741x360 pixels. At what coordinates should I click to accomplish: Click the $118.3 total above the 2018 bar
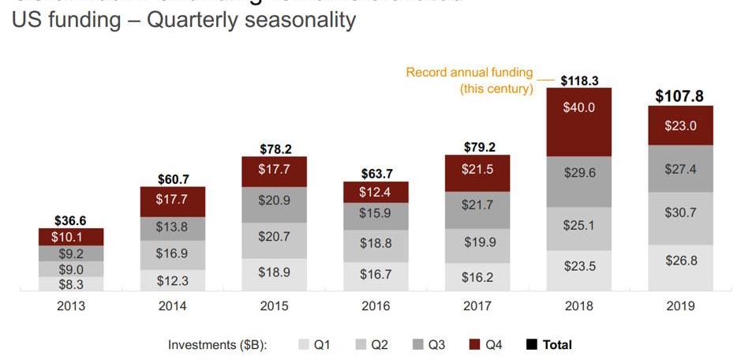(x=578, y=81)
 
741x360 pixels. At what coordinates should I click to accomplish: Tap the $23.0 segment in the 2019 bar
(x=680, y=126)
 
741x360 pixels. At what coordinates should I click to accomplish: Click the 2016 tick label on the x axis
(x=376, y=306)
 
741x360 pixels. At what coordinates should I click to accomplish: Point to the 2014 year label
(x=172, y=306)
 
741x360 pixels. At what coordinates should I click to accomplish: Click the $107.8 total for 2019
(x=680, y=96)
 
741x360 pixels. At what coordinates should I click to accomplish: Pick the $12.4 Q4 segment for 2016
(x=376, y=193)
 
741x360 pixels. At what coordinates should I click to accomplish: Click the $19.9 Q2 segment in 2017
(x=477, y=242)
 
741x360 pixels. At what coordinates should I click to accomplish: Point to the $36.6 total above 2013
(x=71, y=222)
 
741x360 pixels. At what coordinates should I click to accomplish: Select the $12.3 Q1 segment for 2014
(x=172, y=280)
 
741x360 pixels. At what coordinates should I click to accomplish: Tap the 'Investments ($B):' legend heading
(x=218, y=344)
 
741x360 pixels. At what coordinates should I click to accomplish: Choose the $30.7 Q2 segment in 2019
(x=680, y=219)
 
